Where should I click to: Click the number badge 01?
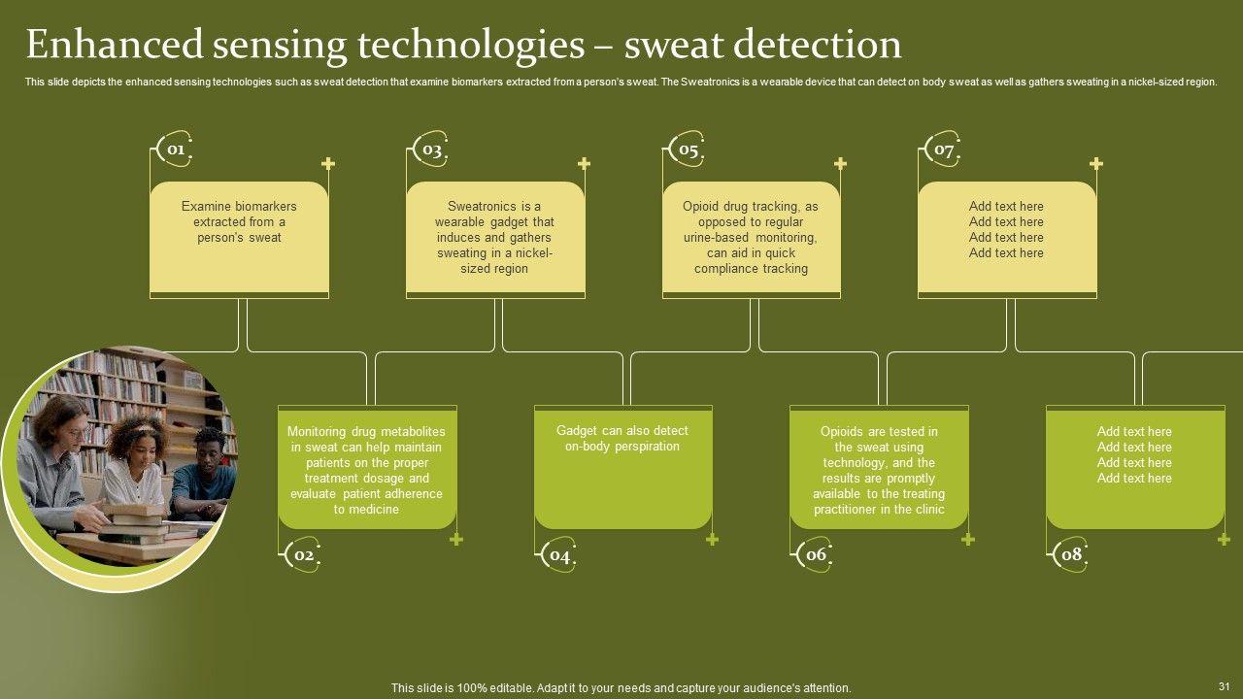(175, 150)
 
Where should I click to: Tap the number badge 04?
(559, 555)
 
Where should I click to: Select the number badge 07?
(943, 150)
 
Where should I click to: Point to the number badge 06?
(816, 554)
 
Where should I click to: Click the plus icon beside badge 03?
(584, 164)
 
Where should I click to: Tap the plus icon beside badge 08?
(1224, 540)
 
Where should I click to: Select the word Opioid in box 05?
(701, 206)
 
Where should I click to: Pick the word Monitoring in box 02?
(317, 431)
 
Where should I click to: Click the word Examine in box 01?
(204, 206)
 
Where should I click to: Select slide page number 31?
(1224, 686)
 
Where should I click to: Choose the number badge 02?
(303, 555)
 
